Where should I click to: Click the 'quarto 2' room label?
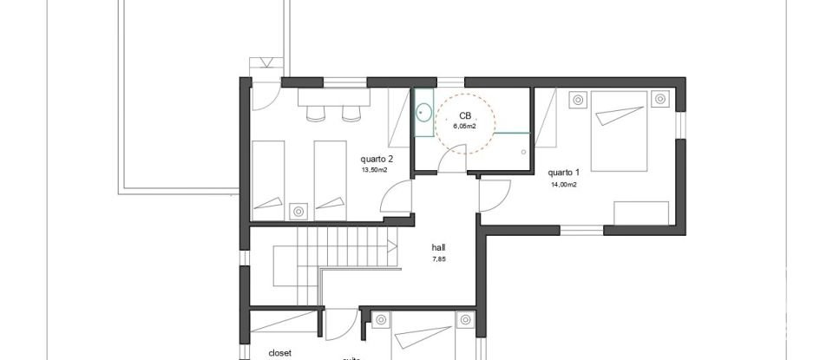click(377, 159)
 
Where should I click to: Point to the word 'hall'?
click(438, 246)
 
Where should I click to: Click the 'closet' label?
click(279, 353)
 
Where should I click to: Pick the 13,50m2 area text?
click(374, 170)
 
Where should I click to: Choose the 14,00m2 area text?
click(563, 184)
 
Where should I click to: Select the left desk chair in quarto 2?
click(313, 114)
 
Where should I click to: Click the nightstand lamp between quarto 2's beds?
click(299, 210)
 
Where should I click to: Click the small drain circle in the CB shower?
click(525, 151)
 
